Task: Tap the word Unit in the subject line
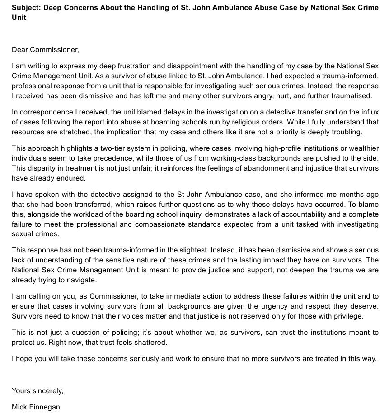tap(19, 17)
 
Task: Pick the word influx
tap(369, 112)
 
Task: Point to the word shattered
tap(148, 342)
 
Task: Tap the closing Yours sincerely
tap(37, 390)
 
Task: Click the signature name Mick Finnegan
tap(36, 407)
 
